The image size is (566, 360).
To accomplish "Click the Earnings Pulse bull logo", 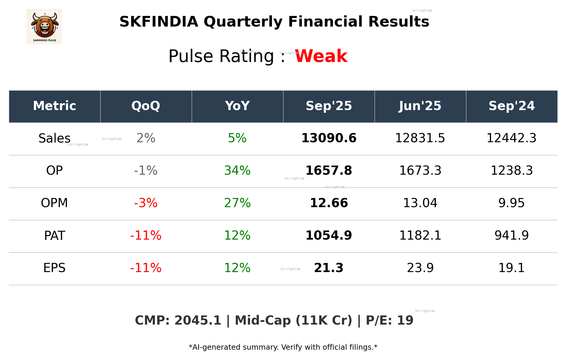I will click(44, 26).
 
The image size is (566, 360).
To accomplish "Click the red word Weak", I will click(321, 56).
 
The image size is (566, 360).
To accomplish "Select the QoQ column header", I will click(146, 106).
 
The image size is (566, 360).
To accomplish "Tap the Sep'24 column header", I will click(511, 106).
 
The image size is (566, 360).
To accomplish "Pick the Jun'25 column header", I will click(420, 106).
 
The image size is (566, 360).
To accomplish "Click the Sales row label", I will click(55, 138).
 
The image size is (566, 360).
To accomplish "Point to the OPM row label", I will click(54, 203).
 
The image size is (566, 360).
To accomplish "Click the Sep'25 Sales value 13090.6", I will click(329, 138).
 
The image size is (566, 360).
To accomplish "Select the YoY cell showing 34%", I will click(237, 171).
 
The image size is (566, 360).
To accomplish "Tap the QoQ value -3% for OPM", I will click(146, 203).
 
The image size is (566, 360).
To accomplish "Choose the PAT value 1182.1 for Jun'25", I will click(420, 235).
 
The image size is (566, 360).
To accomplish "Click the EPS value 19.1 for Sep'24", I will click(511, 268).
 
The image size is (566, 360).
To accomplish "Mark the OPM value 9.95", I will click(511, 203).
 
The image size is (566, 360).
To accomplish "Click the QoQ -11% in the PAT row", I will click(146, 235).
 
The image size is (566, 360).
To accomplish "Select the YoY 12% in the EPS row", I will click(237, 268).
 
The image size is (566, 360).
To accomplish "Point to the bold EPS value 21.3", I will click(329, 268).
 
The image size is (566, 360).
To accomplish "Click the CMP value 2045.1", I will click(198, 320).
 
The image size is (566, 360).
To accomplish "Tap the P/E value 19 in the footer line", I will click(405, 320).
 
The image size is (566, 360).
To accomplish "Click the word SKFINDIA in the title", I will click(159, 22).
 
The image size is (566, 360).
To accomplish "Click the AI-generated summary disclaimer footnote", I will click(283, 347).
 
